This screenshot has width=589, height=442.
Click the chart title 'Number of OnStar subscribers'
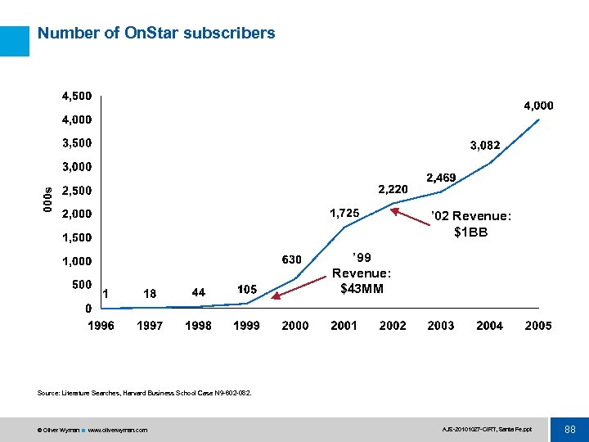point(156,34)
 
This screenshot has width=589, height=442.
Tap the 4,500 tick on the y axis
point(77,96)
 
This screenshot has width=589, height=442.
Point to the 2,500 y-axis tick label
point(77,191)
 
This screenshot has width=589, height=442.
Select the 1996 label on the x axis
point(101,326)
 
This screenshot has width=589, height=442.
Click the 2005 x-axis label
point(537,326)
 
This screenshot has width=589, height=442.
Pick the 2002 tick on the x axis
point(393,326)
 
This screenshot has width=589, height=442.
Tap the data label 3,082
point(484,146)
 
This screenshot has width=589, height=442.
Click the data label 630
point(292,259)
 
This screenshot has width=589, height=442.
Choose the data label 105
point(248,289)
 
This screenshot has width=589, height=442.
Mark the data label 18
point(150,293)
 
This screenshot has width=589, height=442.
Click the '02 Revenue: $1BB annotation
point(470,223)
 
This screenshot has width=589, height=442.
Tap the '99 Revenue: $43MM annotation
point(361,273)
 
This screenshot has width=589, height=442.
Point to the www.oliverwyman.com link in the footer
point(118,430)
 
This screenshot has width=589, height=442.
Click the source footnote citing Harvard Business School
point(144,393)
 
